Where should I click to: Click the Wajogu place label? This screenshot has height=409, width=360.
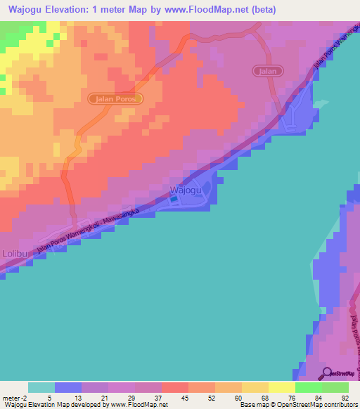[186, 190]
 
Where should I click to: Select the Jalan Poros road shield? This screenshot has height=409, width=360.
[117, 99]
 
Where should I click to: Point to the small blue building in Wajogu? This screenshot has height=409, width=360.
[174, 200]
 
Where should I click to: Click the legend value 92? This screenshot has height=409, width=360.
[345, 397]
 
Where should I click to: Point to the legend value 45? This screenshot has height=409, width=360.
[184, 397]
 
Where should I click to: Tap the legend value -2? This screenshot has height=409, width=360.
[25, 397]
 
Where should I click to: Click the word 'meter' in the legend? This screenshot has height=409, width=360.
[11, 397]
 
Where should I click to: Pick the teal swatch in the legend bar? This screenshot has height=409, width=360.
[41, 387]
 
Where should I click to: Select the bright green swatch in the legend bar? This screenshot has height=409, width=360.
[309, 387]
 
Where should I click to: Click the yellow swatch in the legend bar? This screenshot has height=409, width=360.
[282, 387]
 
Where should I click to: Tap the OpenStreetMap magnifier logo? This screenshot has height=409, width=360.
[327, 374]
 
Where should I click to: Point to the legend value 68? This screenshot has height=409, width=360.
[264, 397]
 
